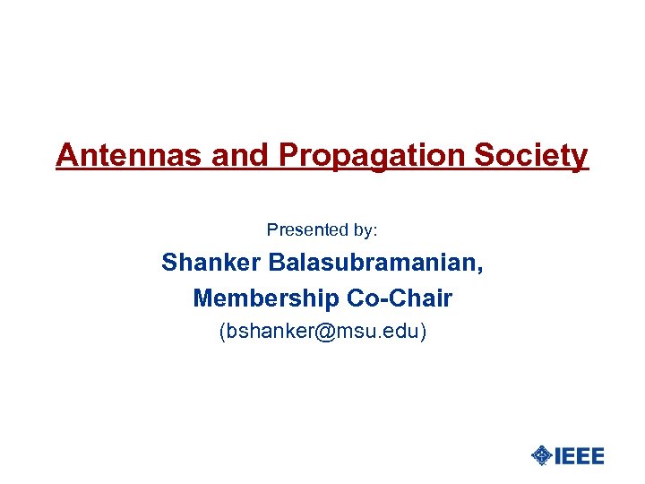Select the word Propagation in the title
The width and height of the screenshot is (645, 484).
[x=369, y=157]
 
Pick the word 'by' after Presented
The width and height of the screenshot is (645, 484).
[x=363, y=231]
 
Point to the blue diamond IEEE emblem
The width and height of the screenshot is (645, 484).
[x=541, y=455]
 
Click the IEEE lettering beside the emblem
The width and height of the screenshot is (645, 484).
[x=580, y=455]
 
